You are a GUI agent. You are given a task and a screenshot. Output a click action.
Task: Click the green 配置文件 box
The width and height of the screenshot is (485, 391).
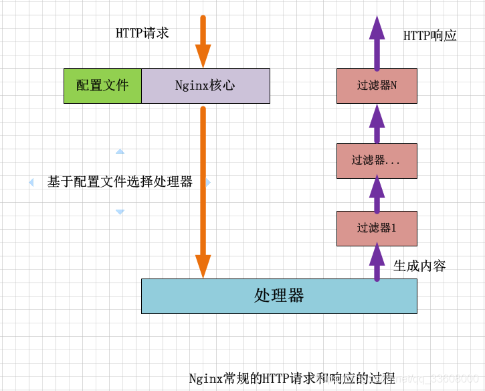[x=102, y=86]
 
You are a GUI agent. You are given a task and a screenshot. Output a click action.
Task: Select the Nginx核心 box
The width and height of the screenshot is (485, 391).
[x=205, y=86]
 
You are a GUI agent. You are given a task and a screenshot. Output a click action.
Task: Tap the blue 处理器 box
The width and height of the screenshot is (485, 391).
[x=279, y=296]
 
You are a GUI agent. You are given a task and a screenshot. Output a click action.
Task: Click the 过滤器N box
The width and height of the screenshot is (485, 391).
[x=377, y=86]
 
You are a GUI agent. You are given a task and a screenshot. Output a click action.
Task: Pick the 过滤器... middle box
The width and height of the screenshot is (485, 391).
[x=377, y=161]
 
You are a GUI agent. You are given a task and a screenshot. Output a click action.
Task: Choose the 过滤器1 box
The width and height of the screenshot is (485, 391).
[x=377, y=228]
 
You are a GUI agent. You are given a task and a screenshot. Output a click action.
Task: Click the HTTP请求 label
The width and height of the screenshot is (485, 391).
[x=142, y=33]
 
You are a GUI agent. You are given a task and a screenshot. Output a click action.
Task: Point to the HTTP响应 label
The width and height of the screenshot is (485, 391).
[x=430, y=36]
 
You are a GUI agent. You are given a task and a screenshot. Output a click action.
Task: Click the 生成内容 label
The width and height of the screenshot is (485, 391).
[x=419, y=266]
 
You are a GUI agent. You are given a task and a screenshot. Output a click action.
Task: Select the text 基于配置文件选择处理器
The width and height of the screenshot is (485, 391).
[x=120, y=181]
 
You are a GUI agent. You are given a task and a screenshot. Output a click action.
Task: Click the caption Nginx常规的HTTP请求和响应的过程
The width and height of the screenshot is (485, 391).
[x=292, y=378]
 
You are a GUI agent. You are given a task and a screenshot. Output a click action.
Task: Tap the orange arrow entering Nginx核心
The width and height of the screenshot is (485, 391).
[x=203, y=40]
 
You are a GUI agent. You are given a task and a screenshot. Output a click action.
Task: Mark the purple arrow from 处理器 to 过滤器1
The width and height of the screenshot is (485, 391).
[x=377, y=262]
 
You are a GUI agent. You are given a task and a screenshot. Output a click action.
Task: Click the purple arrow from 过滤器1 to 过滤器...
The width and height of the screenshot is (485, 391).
[x=377, y=193]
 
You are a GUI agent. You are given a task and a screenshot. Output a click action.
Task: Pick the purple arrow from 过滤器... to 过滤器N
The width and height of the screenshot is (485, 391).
[x=377, y=123]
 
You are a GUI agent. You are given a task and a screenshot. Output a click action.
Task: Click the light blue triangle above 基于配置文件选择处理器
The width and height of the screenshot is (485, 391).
[x=120, y=152]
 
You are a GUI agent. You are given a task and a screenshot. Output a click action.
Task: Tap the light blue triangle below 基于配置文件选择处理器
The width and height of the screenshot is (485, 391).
[x=120, y=212]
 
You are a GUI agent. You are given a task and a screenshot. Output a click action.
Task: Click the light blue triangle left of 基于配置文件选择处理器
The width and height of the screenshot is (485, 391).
[x=31, y=182]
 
